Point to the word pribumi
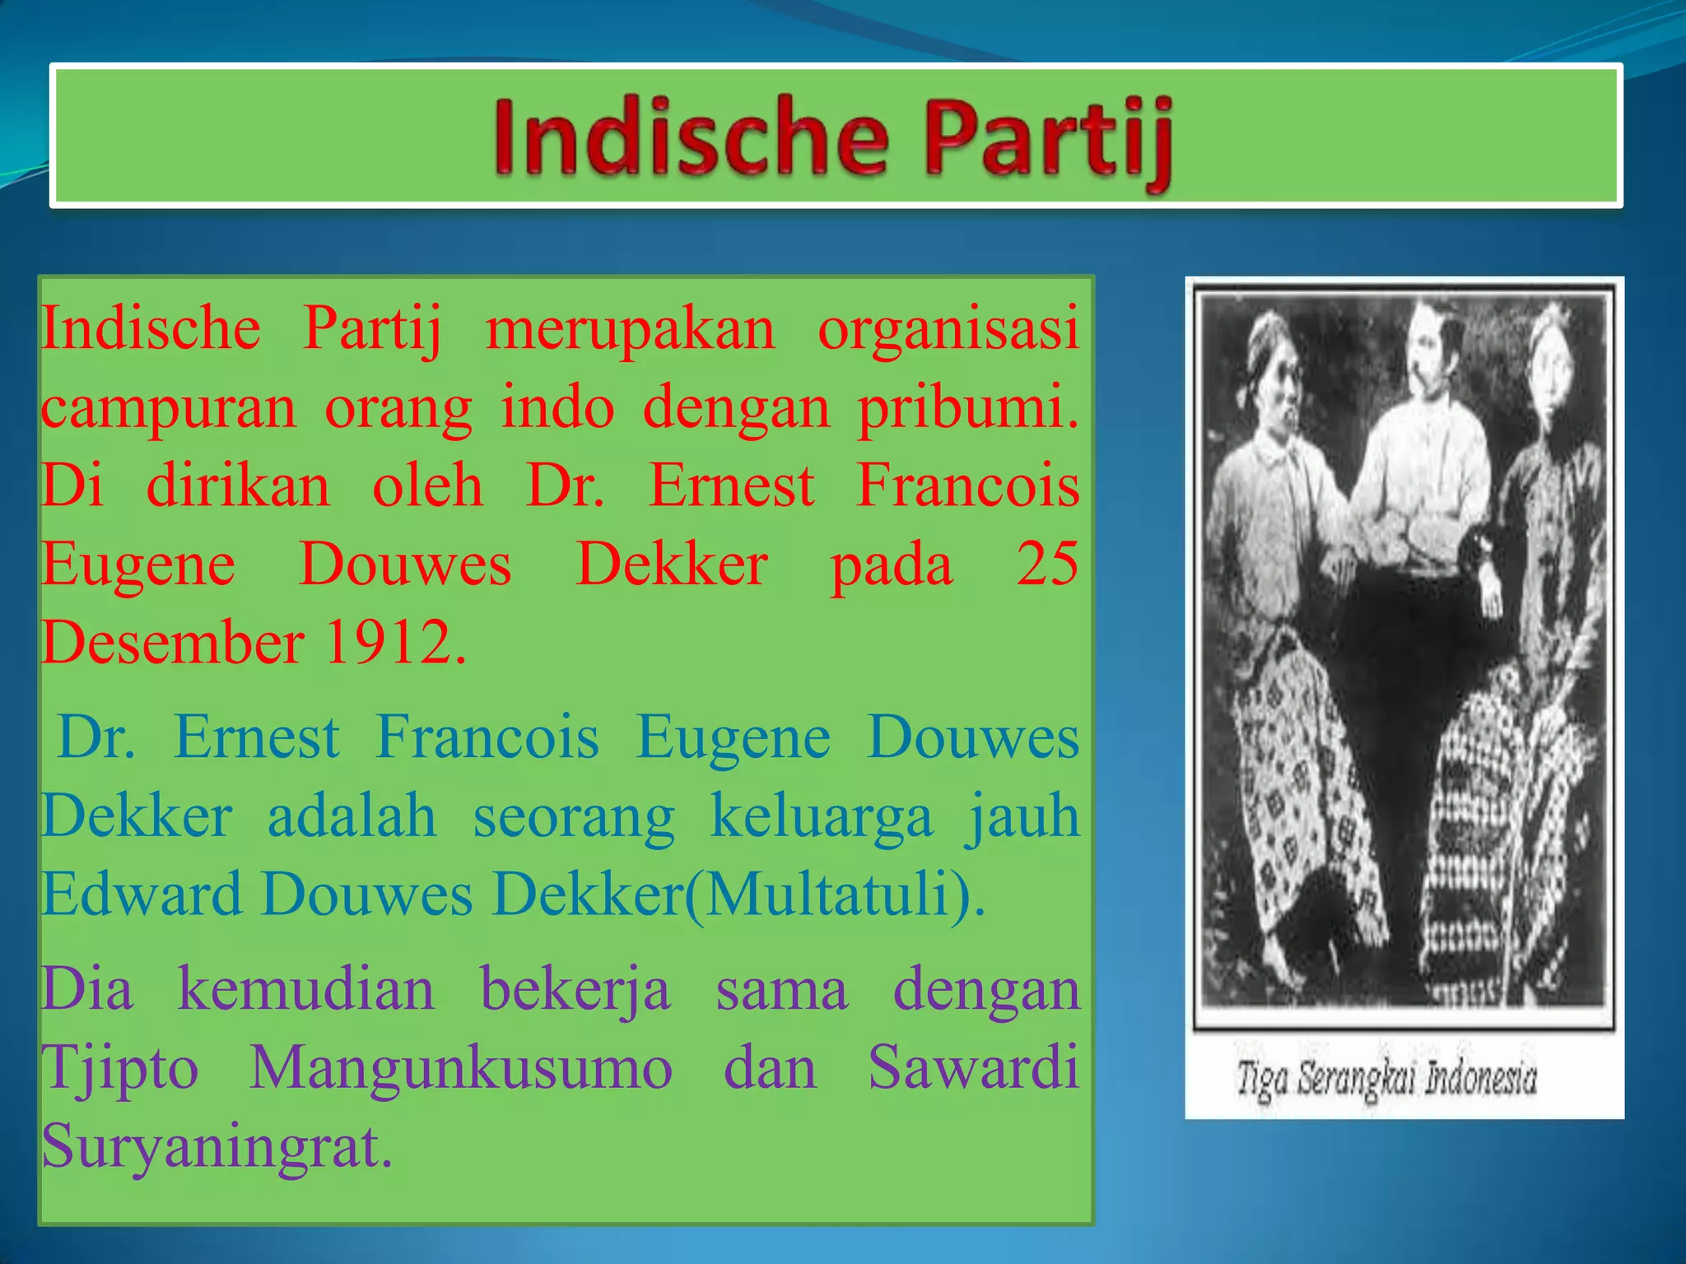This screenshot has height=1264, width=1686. [967, 408]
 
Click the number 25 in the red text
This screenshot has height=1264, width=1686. [1046, 565]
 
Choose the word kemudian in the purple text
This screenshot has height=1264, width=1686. [305, 989]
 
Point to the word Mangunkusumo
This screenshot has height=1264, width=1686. [461, 1068]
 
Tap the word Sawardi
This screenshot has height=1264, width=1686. [973, 1068]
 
